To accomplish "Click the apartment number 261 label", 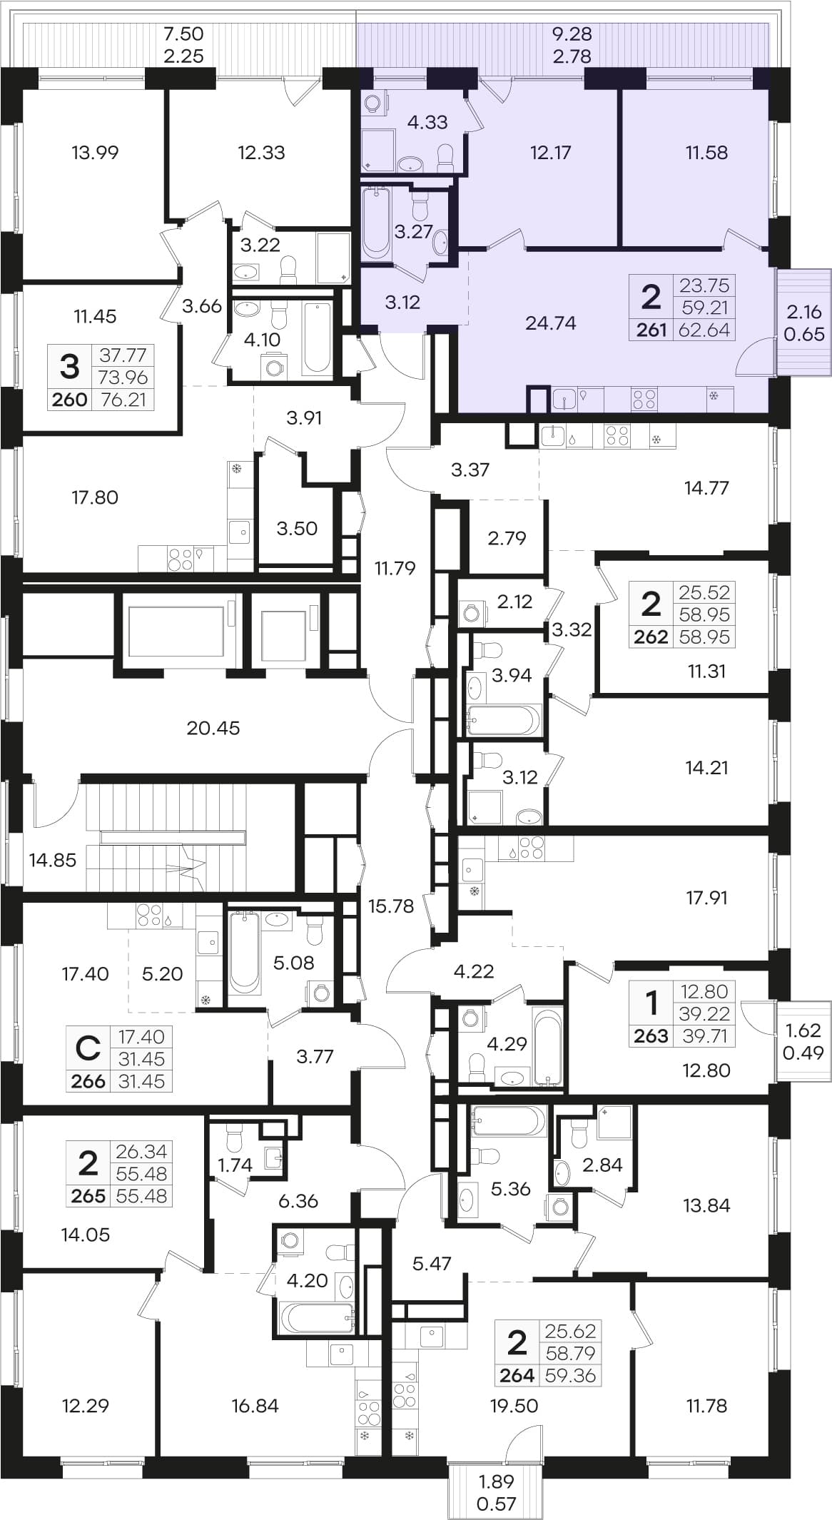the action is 651,330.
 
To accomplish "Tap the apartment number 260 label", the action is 70,400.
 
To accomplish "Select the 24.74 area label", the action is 550,323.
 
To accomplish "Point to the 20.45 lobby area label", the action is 213,728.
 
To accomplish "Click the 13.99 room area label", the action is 95,152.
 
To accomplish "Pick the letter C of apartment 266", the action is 88,1048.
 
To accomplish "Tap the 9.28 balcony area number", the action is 572,34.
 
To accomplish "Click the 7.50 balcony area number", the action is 183,34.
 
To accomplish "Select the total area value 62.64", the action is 704,330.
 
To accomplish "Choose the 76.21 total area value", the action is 123,400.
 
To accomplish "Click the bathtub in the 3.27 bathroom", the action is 375,222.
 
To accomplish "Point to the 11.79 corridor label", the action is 395,568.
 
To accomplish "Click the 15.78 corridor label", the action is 390,906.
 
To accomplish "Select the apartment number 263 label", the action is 651,1035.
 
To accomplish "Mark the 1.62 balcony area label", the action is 803,1030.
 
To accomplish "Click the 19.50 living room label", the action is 514,1405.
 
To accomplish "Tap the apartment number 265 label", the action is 88,1195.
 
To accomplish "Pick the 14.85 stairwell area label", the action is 53,860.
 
